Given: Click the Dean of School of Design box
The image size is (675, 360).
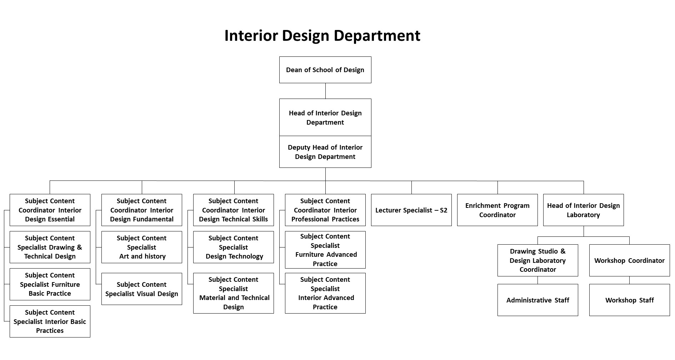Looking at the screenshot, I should click(x=325, y=70).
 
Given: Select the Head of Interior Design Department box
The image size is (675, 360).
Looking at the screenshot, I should click(x=325, y=117).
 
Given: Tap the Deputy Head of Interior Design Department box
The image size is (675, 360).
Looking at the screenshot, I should click(x=325, y=152).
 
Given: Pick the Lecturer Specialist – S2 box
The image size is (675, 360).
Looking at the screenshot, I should click(x=411, y=210).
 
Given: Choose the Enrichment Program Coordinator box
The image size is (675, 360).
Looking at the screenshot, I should click(x=497, y=210).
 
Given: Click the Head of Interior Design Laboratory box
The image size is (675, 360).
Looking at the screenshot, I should click(x=583, y=210).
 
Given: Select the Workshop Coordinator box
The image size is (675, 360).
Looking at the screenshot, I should click(x=629, y=260).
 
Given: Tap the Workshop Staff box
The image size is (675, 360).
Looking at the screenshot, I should click(x=629, y=300).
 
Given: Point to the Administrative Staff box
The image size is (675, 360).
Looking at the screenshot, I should click(x=537, y=300).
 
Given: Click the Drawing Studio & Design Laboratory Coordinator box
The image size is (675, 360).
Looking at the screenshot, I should click(x=537, y=260).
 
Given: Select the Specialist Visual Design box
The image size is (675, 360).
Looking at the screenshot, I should click(x=141, y=289).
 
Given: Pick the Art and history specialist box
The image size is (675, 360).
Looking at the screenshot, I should click(x=141, y=247).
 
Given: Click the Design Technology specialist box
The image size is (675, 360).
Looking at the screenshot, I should click(x=233, y=247).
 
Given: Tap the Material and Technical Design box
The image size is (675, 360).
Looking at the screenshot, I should click(x=233, y=293).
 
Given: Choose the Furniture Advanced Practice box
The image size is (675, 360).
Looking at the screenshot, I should click(x=325, y=250).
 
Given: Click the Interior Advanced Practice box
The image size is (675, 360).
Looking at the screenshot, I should click(x=325, y=293).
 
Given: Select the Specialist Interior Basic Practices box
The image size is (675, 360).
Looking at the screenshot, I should click(x=50, y=321).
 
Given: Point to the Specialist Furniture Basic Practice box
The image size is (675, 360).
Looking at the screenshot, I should click(x=50, y=284).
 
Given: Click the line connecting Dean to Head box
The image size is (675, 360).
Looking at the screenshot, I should click(x=325, y=91).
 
